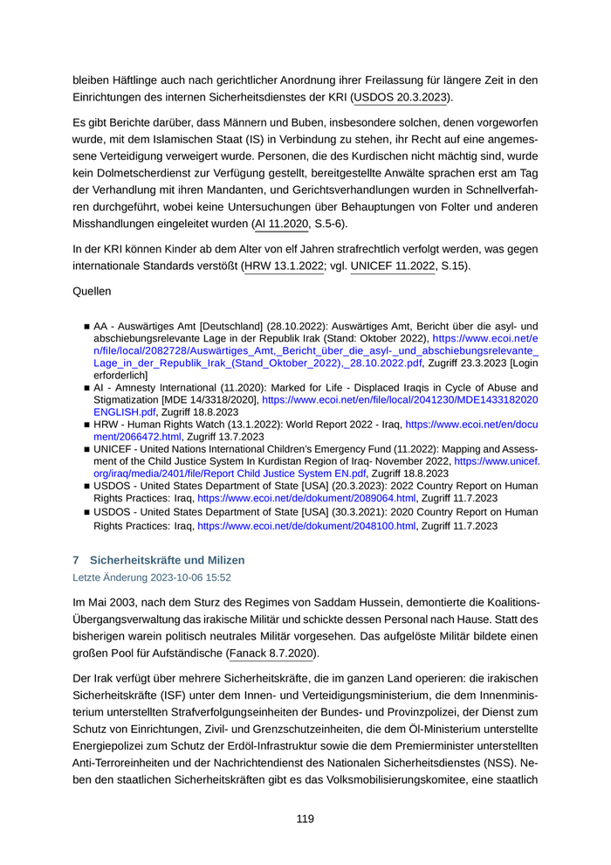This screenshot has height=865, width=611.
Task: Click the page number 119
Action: [x=305, y=819]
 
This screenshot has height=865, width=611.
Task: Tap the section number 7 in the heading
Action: [x=76, y=559]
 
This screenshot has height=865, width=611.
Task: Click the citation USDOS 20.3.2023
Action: [x=401, y=97]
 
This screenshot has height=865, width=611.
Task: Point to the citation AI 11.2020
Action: [x=281, y=223]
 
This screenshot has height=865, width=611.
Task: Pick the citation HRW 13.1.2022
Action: [x=283, y=265]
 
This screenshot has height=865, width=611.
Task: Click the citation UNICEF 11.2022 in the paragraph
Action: [x=392, y=265]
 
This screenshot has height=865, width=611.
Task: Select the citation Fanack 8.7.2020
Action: [x=271, y=653]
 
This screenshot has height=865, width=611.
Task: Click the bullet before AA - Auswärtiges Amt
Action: [x=86, y=324]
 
